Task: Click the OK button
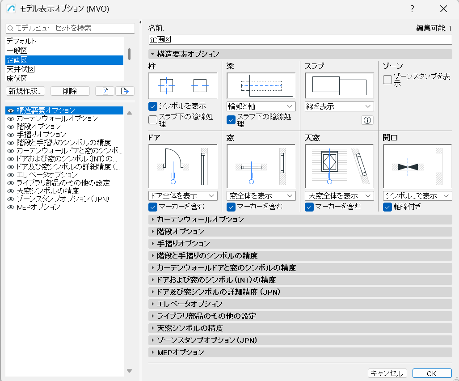click(432, 373)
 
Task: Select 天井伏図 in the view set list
click(21, 69)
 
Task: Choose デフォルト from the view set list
click(21, 41)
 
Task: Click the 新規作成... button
click(25, 91)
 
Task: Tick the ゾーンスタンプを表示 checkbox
click(387, 80)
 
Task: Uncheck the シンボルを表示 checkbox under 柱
click(153, 106)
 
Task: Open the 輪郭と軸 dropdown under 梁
click(261, 106)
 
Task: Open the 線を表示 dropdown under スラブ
click(339, 106)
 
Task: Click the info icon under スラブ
click(367, 120)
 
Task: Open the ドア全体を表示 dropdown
click(183, 196)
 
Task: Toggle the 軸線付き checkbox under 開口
click(387, 207)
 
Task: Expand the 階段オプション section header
click(181, 232)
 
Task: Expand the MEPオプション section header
click(181, 352)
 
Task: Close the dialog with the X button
click(443, 9)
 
